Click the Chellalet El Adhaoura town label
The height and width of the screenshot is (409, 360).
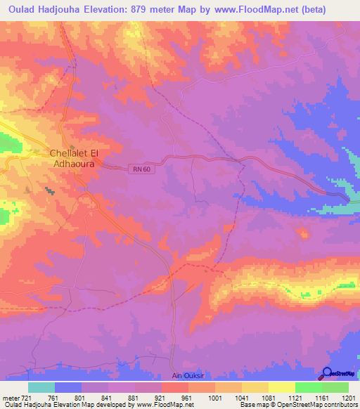click(x=76, y=158)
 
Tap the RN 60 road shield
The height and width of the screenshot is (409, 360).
click(x=140, y=168)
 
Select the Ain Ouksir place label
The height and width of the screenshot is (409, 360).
click(x=189, y=377)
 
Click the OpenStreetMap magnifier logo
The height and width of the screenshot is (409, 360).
click(x=327, y=373)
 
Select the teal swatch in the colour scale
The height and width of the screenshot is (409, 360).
click(x=41, y=387)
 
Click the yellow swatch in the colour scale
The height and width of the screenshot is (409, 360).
click(x=281, y=387)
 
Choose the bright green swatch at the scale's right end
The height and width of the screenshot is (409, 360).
click(x=335, y=387)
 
